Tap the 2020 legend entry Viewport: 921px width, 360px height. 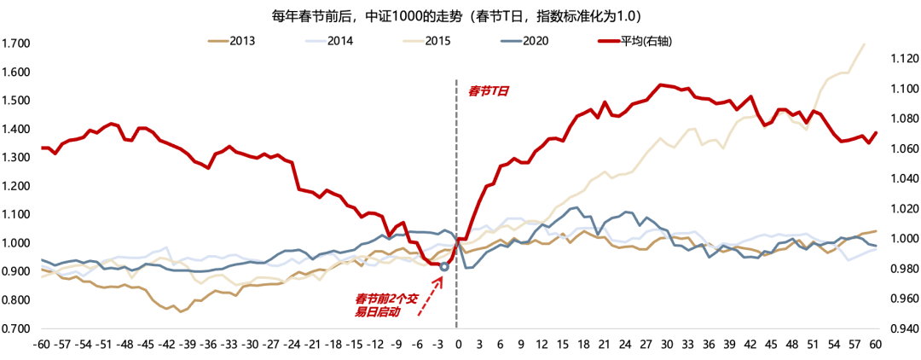(534, 40)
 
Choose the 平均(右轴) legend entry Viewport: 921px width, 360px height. (645, 40)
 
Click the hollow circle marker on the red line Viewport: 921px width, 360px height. (443, 267)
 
